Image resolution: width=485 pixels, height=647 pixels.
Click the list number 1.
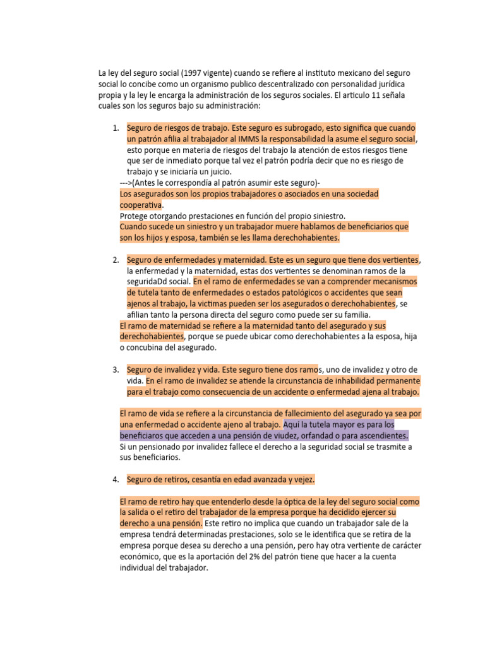pyautogui.click(x=116, y=128)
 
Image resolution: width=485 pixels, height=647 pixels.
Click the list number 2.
pyautogui.click(x=116, y=260)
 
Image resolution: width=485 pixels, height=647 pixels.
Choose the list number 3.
pyautogui.click(x=116, y=370)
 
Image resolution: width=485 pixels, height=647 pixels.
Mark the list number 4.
pyautogui.click(x=116, y=480)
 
